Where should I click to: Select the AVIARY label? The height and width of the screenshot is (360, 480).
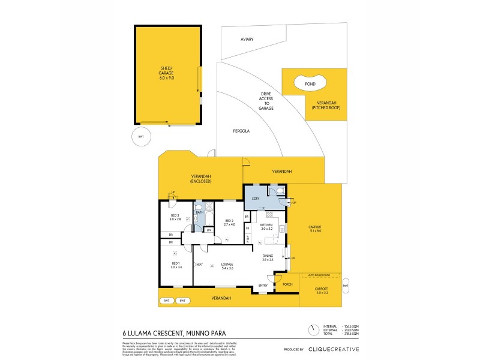(x=247, y=40)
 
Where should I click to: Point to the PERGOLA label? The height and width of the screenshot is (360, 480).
(x=241, y=130)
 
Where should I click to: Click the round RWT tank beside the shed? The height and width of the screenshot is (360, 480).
(x=141, y=137)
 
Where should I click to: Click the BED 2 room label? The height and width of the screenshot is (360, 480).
(x=229, y=223)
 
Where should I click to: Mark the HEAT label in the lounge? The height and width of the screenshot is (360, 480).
(x=199, y=264)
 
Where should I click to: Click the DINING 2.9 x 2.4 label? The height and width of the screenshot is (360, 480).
(x=268, y=257)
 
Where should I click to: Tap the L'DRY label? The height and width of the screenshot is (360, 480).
(x=254, y=198)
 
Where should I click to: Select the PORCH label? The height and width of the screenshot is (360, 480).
(x=287, y=284)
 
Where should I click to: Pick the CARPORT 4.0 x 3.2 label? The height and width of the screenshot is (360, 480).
(x=322, y=291)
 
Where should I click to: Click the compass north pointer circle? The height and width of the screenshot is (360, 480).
(x=313, y=329)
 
